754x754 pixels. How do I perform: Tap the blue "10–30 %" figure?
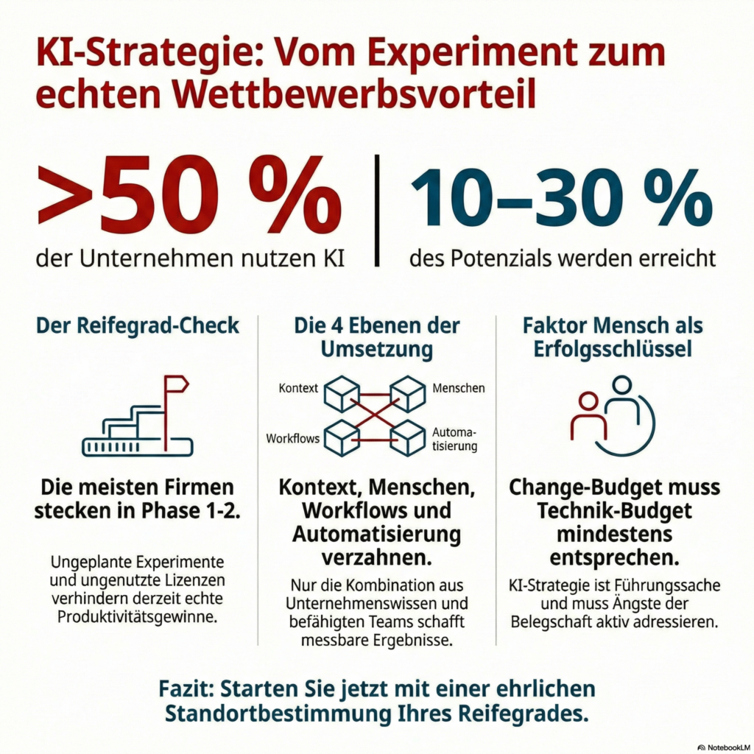point(561,197)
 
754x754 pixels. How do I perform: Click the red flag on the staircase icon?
point(176,384)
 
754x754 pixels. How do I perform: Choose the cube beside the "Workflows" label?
point(342,437)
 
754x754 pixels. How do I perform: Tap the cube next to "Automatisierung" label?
point(408,437)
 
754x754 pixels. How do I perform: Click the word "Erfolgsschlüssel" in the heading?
point(614,348)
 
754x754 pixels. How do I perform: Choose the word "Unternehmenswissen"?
point(376,604)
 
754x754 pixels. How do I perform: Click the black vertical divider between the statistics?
point(377,210)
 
